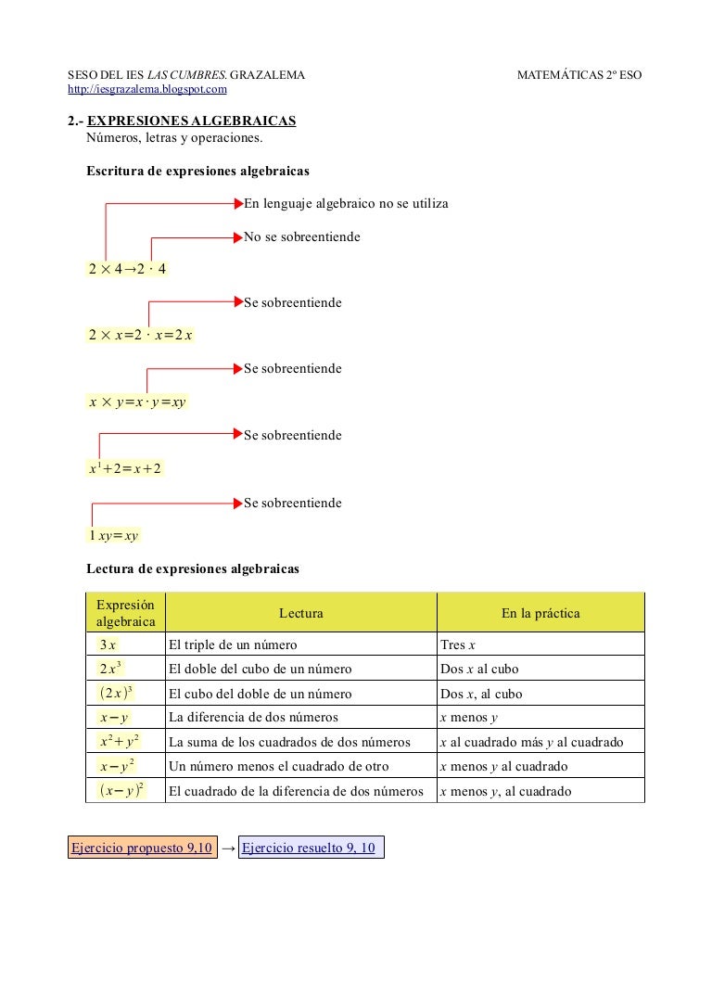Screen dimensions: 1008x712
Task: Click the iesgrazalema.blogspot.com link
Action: (147, 89)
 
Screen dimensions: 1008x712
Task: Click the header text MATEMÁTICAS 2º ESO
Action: (578, 75)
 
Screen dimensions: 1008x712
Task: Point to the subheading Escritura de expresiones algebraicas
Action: (197, 171)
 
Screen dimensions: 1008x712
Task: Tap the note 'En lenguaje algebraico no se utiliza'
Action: (346, 203)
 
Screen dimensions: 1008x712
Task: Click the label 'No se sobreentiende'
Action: (302, 237)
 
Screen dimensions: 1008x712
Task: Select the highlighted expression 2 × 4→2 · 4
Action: (128, 269)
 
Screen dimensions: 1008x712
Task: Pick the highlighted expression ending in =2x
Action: (140, 335)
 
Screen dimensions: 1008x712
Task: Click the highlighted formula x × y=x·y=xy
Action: (137, 402)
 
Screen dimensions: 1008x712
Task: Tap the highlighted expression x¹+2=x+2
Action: (125, 468)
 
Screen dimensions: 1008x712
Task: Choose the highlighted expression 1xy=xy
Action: (113, 535)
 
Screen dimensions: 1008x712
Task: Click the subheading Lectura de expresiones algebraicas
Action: (193, 568)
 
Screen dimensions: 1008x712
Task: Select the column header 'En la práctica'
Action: (540, 613)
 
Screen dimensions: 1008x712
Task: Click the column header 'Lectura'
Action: (300, 613)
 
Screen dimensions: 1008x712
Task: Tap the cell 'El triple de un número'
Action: (233, 644)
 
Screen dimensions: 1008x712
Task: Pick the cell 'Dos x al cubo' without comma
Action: (479, 669)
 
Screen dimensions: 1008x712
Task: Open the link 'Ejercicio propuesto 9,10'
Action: (142, 848)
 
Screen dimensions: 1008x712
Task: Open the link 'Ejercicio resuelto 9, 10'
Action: (310, 848)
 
